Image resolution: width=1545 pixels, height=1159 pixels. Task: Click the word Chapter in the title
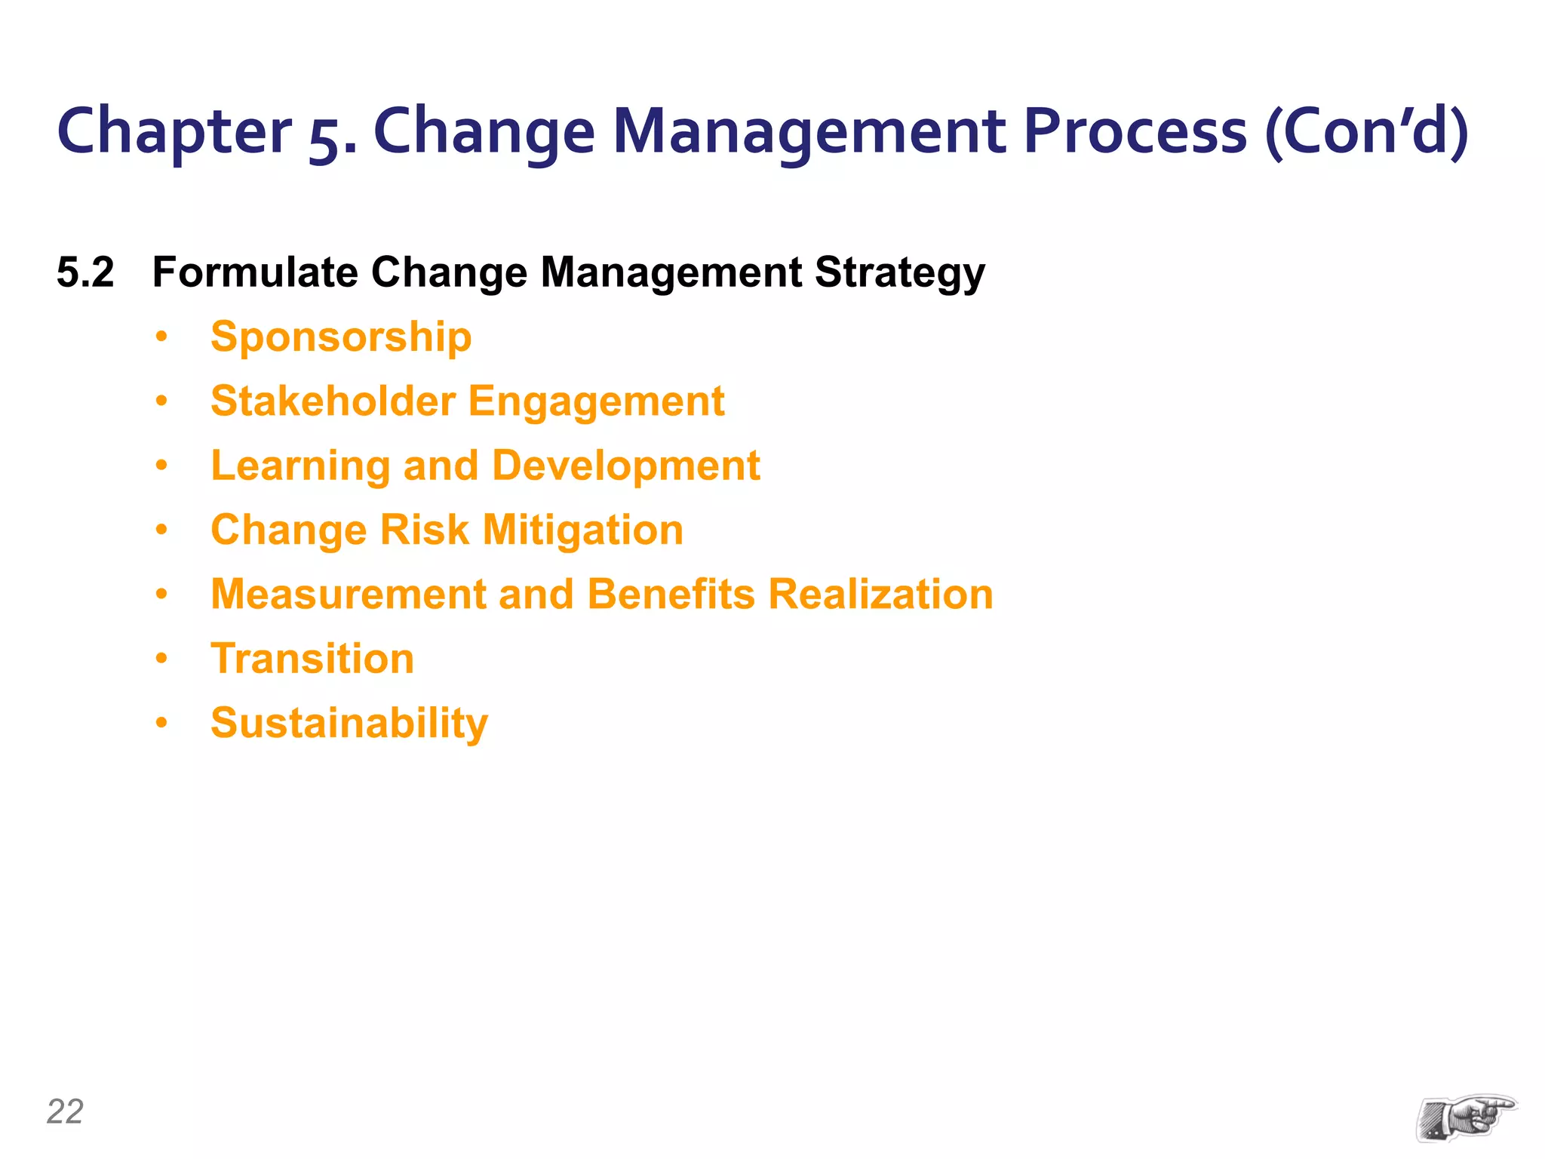[174, 132]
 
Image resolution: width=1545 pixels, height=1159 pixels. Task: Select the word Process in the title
[1135, 132]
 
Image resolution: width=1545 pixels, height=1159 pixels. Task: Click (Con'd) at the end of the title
[1366, 132]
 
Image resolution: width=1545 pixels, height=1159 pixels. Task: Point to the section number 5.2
[85, 272]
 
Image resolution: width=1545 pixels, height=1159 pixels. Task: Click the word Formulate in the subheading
[255, 272]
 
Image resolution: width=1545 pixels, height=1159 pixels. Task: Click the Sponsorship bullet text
[341, 337]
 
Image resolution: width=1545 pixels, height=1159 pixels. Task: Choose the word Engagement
[596, 401]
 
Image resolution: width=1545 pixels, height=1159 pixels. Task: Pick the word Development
[626, 466]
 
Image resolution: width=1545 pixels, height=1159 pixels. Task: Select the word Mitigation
[583, 530]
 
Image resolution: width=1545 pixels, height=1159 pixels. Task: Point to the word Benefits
[671, 594]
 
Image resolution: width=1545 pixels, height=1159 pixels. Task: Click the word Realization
[880, 594]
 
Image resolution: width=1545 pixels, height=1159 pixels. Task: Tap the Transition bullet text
[312, 659]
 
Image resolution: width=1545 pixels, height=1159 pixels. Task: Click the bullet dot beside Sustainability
[161, 723]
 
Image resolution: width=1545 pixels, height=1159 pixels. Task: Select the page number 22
[65, 1111]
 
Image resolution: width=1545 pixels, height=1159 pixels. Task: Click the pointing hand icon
[1466, 1117]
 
